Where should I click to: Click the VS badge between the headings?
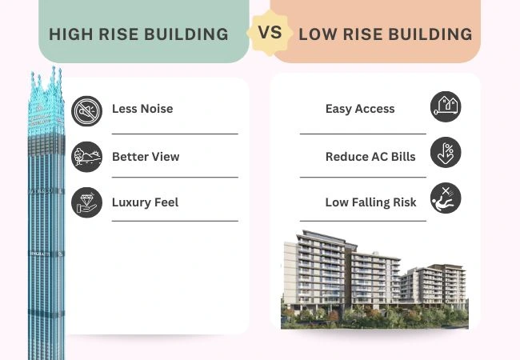pos(270,34)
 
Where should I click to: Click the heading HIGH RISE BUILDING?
pos(138,35)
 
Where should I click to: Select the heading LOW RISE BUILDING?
pos(385,35)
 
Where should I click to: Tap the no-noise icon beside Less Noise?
pos(86,111)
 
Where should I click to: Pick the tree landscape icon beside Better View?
pos(86,156)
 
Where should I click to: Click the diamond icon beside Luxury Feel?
pos(86,202)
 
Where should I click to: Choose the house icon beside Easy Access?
pos(446,107)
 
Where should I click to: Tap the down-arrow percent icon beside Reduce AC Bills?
pos(446,153)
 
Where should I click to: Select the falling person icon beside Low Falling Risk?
pos(446,198)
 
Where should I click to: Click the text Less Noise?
pos(142,109)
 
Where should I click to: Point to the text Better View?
pos(146,157)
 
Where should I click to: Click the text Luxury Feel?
pos(145,202)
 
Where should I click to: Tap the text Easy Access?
pos(360,109)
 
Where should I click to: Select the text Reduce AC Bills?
pos(370,157)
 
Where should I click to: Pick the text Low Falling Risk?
pos(370,202)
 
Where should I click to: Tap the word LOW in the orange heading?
pos(315,35)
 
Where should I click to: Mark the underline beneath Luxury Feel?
pos(174,220)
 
